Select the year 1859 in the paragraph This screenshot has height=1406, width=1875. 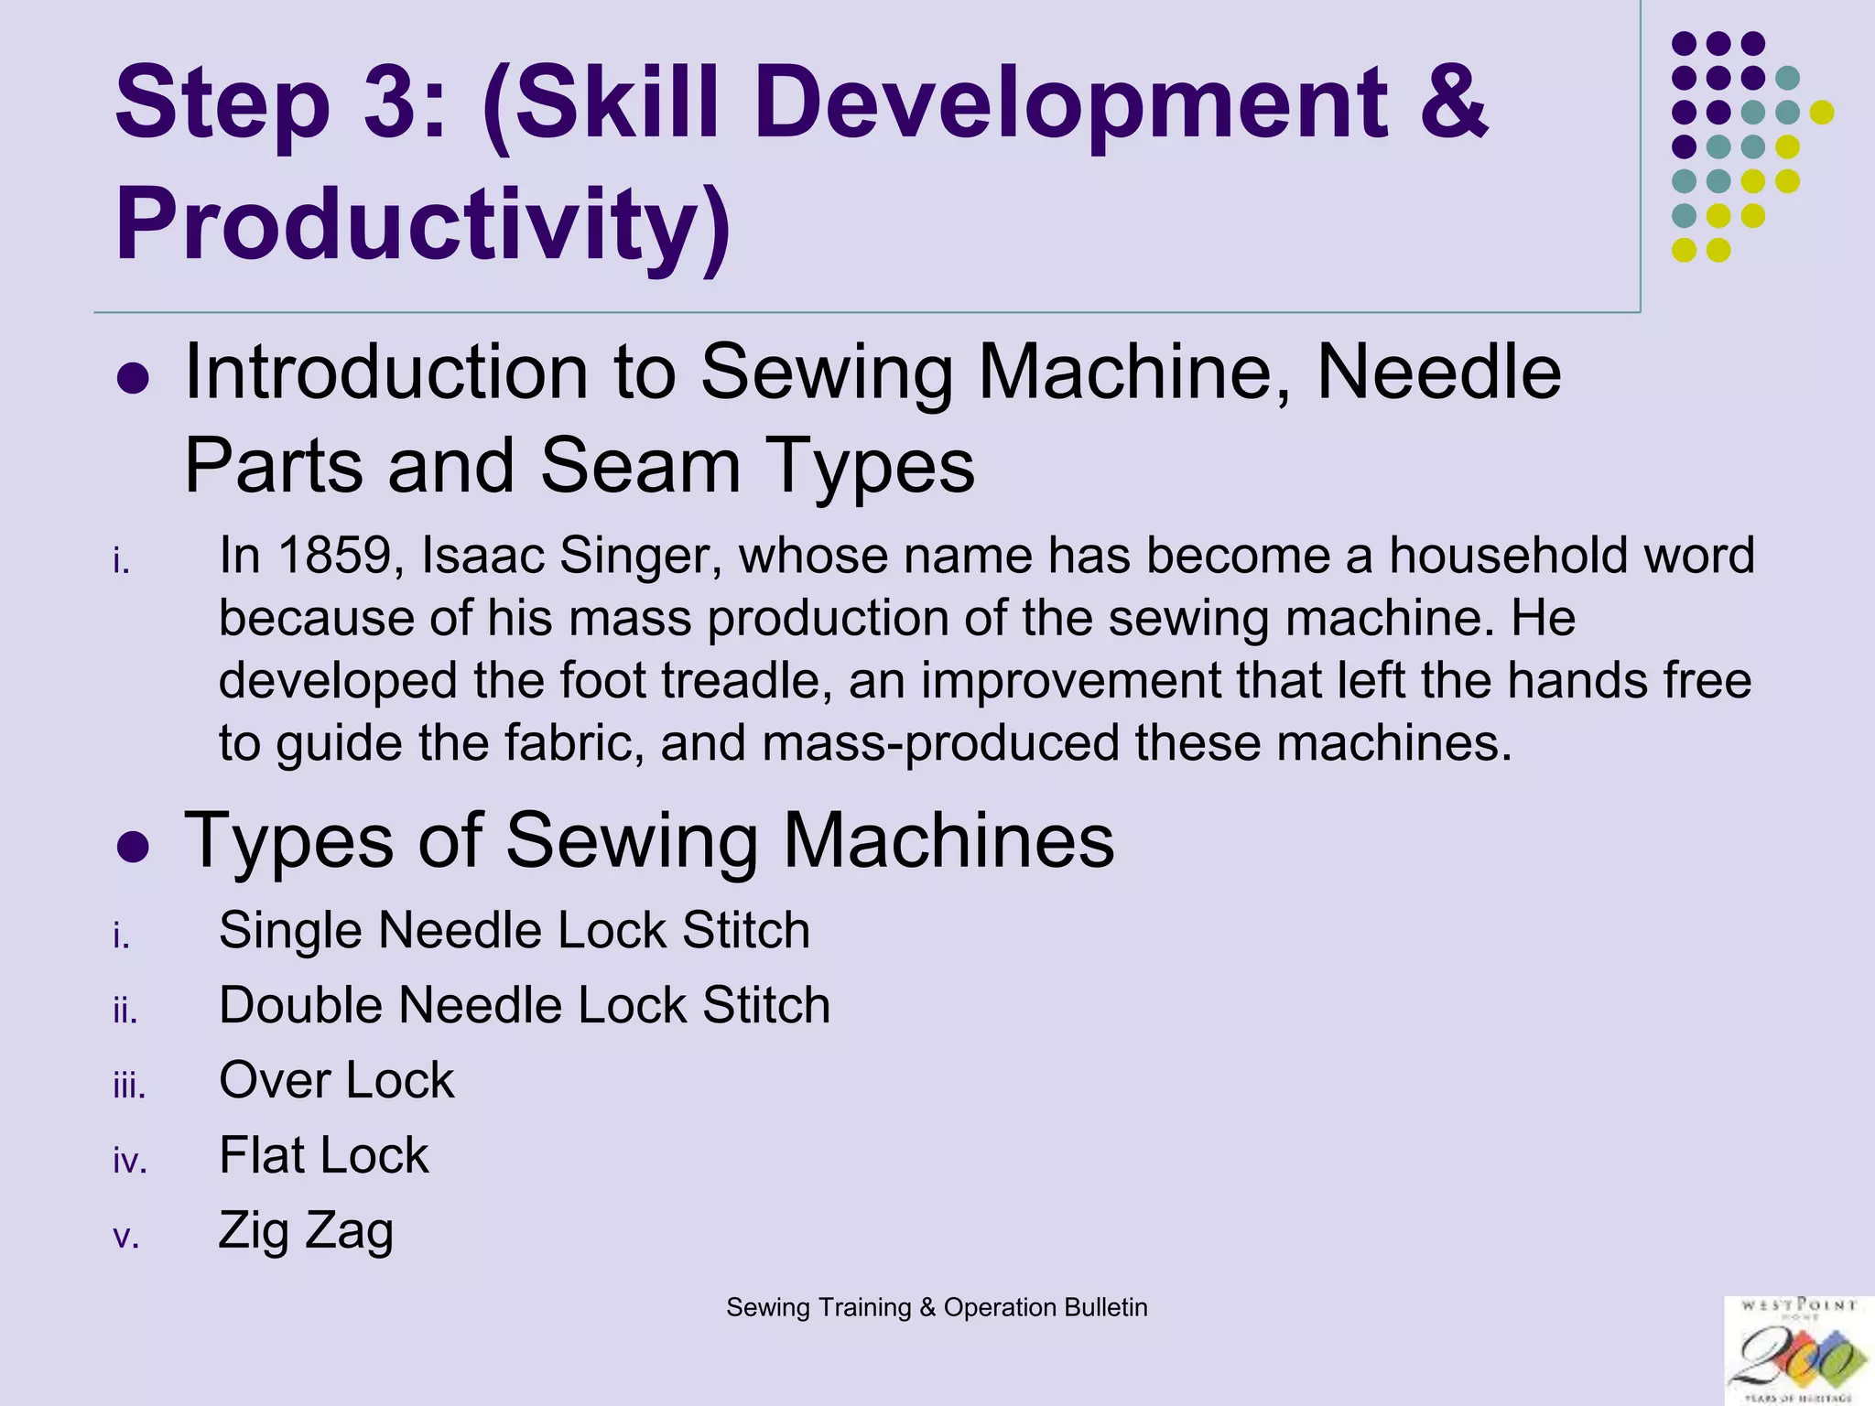pos(334,556)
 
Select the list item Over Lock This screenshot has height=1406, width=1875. pos(336,1080)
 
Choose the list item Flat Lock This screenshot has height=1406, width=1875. pos(323,1155)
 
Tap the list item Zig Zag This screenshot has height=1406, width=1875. pos(306,1231)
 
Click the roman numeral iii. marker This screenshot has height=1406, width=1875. pos(128,1087)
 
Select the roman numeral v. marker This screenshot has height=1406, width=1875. pos(126,1238)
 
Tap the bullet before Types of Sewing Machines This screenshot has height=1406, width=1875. pos(134,847)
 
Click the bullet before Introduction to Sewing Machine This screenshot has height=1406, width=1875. pos(134,378)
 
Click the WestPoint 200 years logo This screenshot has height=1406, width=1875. pos(1797,1350)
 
